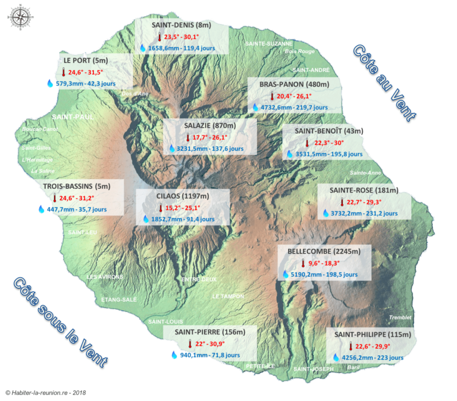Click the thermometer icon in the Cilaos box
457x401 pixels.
point(160,208)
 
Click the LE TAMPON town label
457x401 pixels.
point(228,296)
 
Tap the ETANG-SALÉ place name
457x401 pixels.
point(119,299)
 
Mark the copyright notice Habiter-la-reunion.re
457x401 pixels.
point(46,393)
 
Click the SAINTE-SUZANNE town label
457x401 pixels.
point(270,43)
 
